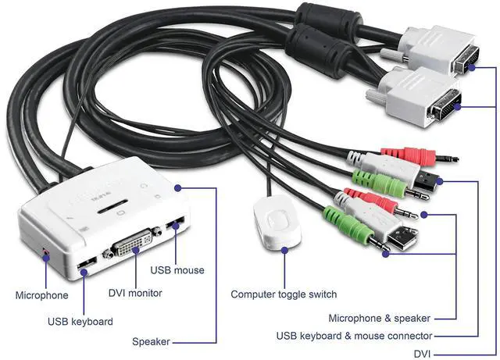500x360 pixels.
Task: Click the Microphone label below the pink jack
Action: tap(41, 295)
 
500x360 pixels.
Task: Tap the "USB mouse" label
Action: tap(177, 270)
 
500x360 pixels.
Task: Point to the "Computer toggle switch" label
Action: tap(284, 294)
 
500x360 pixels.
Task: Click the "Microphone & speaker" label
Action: tap(380, 318)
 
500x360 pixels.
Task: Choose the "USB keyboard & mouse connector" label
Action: tap(354, 336)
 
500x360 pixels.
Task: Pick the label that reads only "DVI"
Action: tap(422, 353)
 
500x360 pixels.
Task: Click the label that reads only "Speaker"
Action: tap(152, 342)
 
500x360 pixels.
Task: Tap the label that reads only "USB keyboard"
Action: tap(80, 321)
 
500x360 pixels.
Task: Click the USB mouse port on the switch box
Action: tap(177, 227)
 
